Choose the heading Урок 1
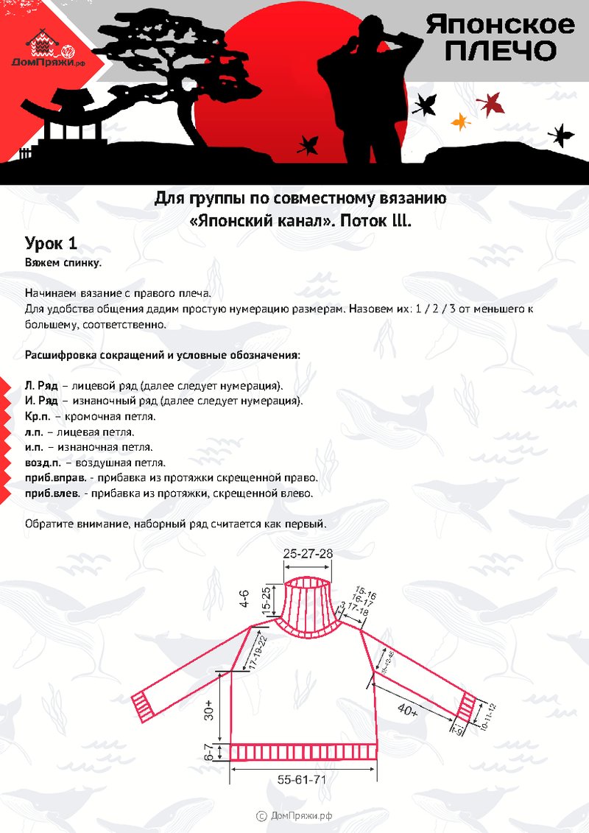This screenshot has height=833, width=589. pos(51,244)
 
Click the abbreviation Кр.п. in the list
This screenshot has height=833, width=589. pos(38,416)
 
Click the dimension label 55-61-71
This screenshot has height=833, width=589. pos(302,779)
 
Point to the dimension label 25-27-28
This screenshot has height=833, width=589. pos(308,553)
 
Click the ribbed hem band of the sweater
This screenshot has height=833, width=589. pos(304,752)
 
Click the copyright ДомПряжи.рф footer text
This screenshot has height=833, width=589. pos(294,815)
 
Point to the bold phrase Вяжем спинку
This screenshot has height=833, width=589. pos(63,262)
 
